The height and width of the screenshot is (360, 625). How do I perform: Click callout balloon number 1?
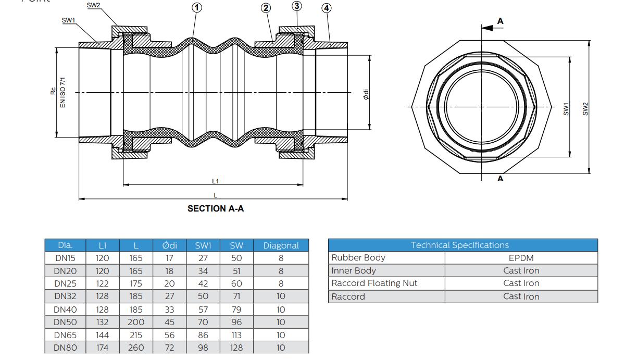[196, 7]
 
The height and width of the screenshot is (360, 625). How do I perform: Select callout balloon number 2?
[266, 7]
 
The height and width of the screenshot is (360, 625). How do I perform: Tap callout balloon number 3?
[297, 6]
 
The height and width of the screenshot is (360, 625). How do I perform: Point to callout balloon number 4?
[327, 8]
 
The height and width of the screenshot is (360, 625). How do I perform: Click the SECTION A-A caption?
[216, 208]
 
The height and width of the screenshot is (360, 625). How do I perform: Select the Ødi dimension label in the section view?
[366, 94]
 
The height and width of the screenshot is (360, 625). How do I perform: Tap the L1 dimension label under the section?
[216, 181]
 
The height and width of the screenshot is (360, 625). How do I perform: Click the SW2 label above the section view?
[93, 5]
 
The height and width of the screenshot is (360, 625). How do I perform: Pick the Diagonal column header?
[281, 245]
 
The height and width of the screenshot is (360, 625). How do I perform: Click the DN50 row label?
[66, 322]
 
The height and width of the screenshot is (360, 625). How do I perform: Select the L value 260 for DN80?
[136, 347]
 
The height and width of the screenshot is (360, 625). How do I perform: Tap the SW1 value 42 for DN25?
[203, 283]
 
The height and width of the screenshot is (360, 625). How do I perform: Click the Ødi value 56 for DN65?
[169, 335]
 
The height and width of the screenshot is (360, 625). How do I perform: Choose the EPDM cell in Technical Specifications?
[521, 258]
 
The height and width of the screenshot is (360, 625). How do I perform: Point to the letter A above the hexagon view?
[501, 21]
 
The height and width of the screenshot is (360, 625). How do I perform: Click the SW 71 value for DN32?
[236, 296]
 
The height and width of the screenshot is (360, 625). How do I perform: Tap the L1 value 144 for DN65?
[103, 335]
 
